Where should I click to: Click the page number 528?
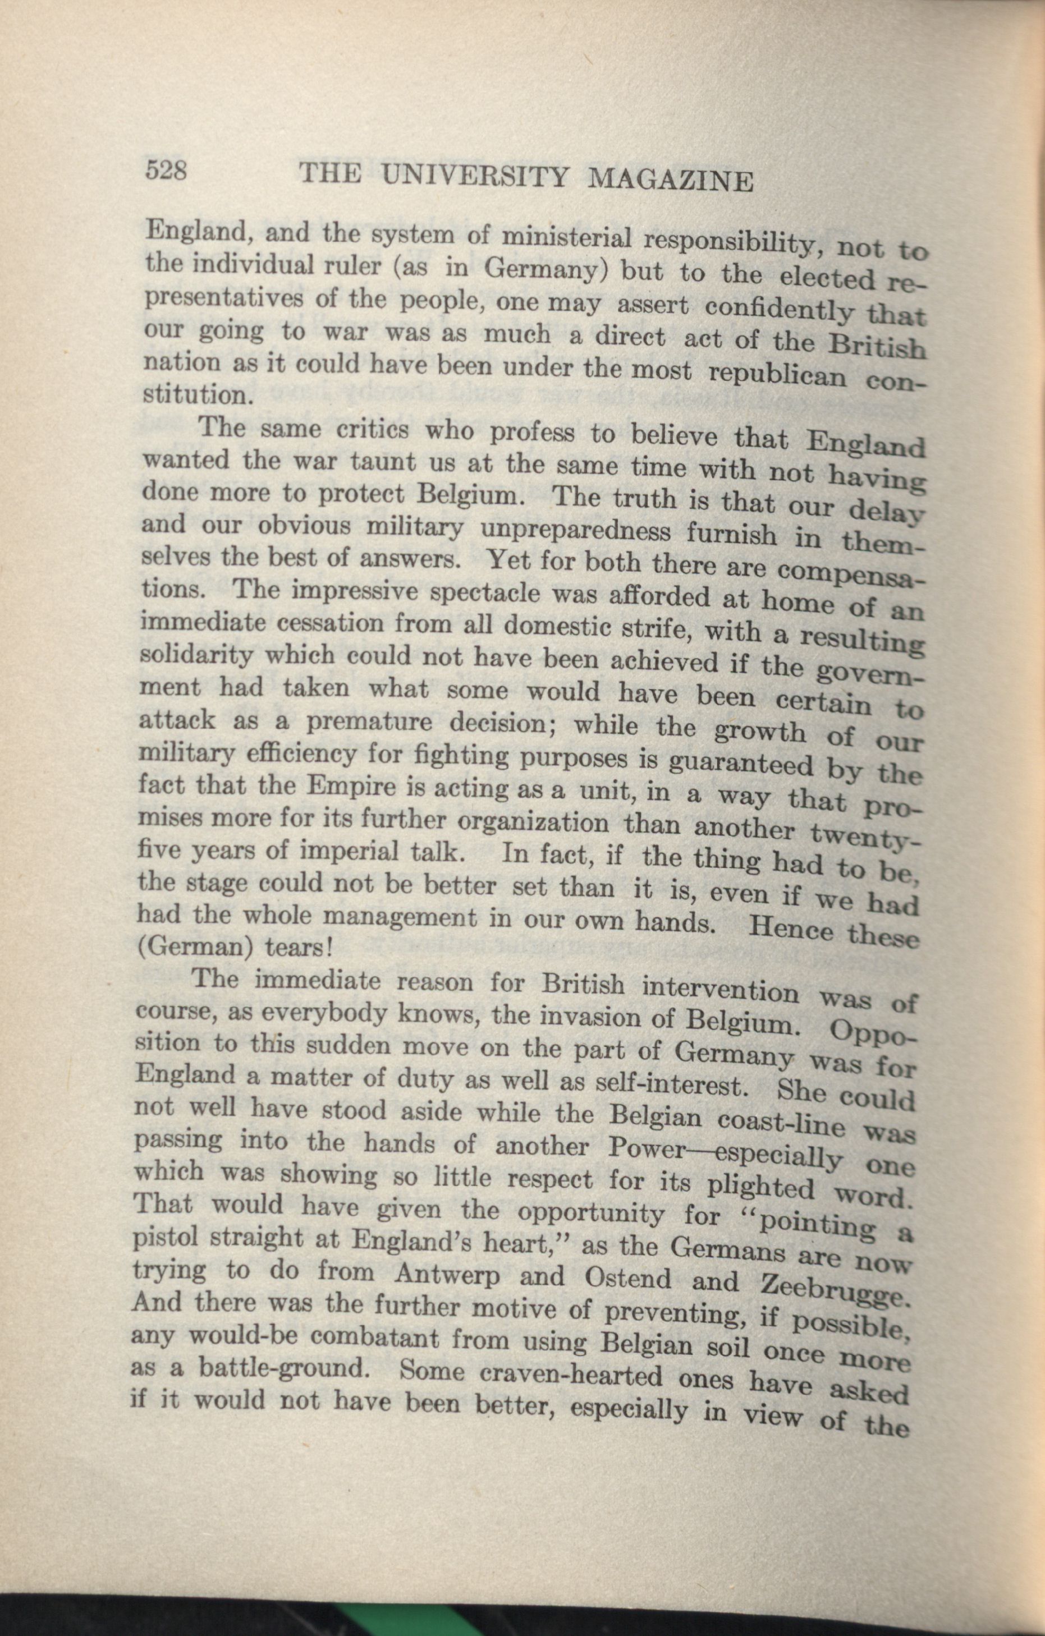coord(166,170)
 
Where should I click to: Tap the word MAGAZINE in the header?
coord(671,180)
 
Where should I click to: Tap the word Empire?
coord(341,788)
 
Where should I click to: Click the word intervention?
coord(720,990)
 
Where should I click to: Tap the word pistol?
coord(167,1238)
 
